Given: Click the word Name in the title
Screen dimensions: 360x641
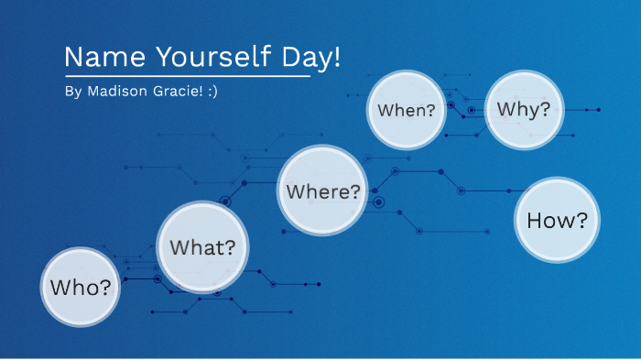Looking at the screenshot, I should click(93, 57).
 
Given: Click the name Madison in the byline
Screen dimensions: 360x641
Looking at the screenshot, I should click(115, 92).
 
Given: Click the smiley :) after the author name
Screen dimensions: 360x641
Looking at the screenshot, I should click(212, 92).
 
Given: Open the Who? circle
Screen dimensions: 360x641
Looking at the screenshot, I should click(81, 287).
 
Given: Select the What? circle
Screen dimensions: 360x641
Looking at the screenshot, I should click(203, 246).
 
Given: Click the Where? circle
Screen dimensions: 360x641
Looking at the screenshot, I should click(323, 191).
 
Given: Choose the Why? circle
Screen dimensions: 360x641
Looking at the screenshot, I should click(524, 109).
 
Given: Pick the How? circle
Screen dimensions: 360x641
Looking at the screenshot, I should click(557, 220).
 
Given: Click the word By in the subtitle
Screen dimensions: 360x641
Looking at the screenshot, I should click(73, 92).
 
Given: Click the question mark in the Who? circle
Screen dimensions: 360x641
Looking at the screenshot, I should click(106, 287).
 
